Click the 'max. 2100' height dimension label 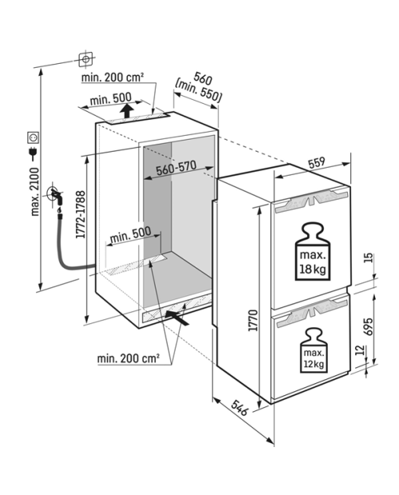pos(34,192)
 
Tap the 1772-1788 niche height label pos(81,214)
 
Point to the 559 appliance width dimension pos(316,162)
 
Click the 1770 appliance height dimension pos(253,320)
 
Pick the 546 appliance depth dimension pos(239,407)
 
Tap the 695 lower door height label pos(369,326)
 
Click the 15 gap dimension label pos(369,258)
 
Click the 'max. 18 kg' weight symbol pos(312,251)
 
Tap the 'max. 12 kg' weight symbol pos(314,350)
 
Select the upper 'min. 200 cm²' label pos(113,77)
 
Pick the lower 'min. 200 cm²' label pos(128,358)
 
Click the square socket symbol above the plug pos(34,137)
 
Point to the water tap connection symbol pos(55,196)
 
